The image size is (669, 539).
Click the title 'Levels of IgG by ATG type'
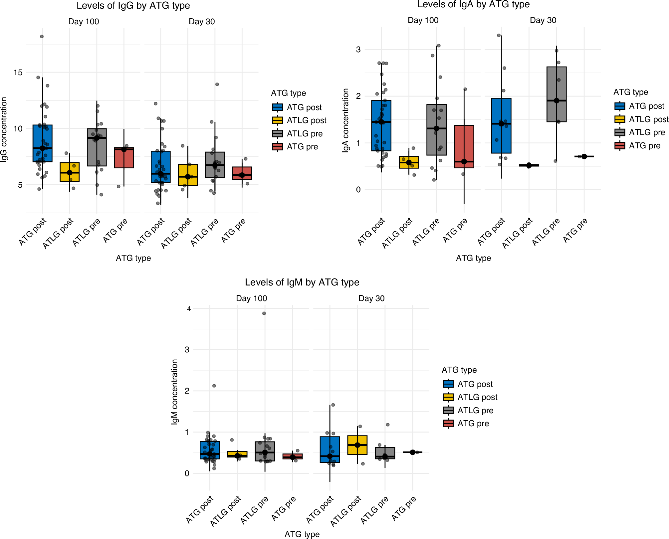(133, 6)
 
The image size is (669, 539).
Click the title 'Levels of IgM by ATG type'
(302, 282)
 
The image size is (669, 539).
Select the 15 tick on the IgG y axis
(18, 73)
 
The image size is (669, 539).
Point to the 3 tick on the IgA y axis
(358, 50)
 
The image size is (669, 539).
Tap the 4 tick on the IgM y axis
(189, 309)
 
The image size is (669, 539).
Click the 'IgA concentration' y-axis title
(346, 120)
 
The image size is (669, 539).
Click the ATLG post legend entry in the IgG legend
(306, 120)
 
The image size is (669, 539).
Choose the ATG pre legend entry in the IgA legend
(644, 146)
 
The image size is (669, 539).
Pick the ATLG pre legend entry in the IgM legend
(475, 411)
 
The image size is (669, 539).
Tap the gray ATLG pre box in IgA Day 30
(556, 83)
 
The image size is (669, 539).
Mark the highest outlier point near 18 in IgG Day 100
(42, 37)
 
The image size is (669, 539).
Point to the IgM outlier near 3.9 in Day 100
(264, 313)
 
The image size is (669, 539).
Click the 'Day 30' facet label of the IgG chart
(202, 22)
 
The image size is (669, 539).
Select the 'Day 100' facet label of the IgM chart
(251, 298)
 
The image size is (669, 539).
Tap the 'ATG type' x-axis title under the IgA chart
(473, 258)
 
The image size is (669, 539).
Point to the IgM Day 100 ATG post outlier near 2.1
(214, 386)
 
